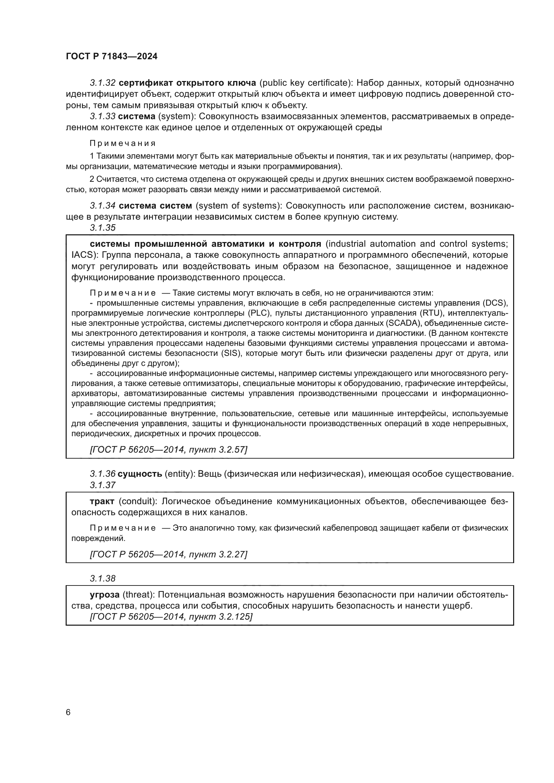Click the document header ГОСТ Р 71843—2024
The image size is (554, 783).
coord(112,57)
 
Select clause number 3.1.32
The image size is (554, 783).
coord(103,83)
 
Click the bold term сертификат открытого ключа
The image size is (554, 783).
coord(187,83)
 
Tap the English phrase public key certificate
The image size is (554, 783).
coord(303,83)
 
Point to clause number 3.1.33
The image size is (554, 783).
coord(103,116)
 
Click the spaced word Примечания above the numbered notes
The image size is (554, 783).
coord(123,143)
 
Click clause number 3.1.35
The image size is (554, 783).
coord(103,228)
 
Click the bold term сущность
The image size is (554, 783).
coord(140,474)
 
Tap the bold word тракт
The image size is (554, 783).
coord(102,501)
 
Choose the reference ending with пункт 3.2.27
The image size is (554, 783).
coord(168,554)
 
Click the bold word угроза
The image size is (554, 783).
coord(105,595)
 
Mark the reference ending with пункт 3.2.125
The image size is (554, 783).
coord(171,617)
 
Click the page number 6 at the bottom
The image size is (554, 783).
coord(68,712)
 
